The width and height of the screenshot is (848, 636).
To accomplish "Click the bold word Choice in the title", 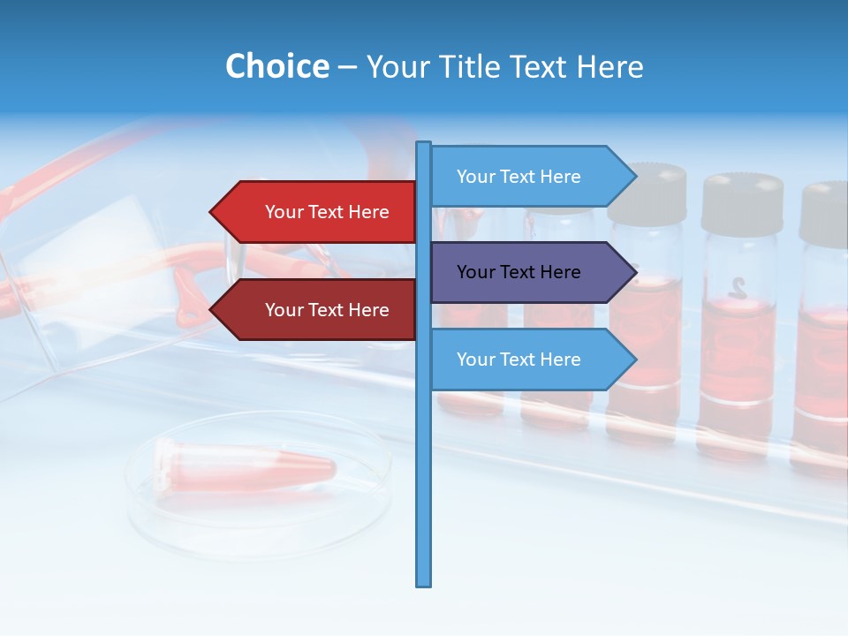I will point(276,66).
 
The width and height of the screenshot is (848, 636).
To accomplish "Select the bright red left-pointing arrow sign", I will point(318,212).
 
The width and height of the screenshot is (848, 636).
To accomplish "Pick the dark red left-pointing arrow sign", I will point(318,310).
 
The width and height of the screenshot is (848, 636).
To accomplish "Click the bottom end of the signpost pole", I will point(424,582).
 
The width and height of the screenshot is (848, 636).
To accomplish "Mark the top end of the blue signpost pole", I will point(424,145).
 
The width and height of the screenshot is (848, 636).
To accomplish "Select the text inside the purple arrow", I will point(519,272).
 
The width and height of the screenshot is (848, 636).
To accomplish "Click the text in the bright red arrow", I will point(327,212).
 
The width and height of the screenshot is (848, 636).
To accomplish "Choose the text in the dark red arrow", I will point(327,310).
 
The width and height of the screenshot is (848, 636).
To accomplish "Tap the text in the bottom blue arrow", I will point(519,360).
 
